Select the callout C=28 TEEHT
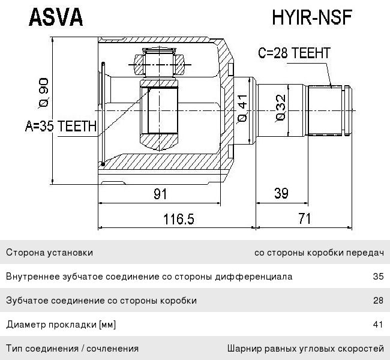294,53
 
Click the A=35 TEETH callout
61,126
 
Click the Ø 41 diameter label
242,109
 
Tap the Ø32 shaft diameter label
280,109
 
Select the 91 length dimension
160,193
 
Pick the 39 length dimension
281,193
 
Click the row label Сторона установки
49,253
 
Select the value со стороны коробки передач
319,253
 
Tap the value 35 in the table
377,277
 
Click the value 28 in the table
377,301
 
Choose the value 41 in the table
377,325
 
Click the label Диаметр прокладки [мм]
61,325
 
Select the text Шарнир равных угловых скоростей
305,348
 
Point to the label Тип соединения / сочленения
72,348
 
